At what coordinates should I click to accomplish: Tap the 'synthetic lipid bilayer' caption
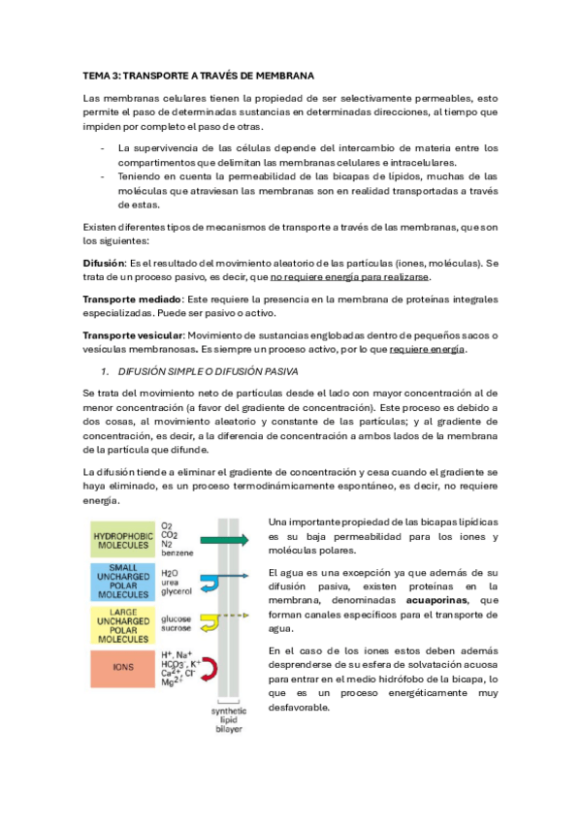click(x=230, y=718)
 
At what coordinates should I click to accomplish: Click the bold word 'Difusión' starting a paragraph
click(x=105, y=264)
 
